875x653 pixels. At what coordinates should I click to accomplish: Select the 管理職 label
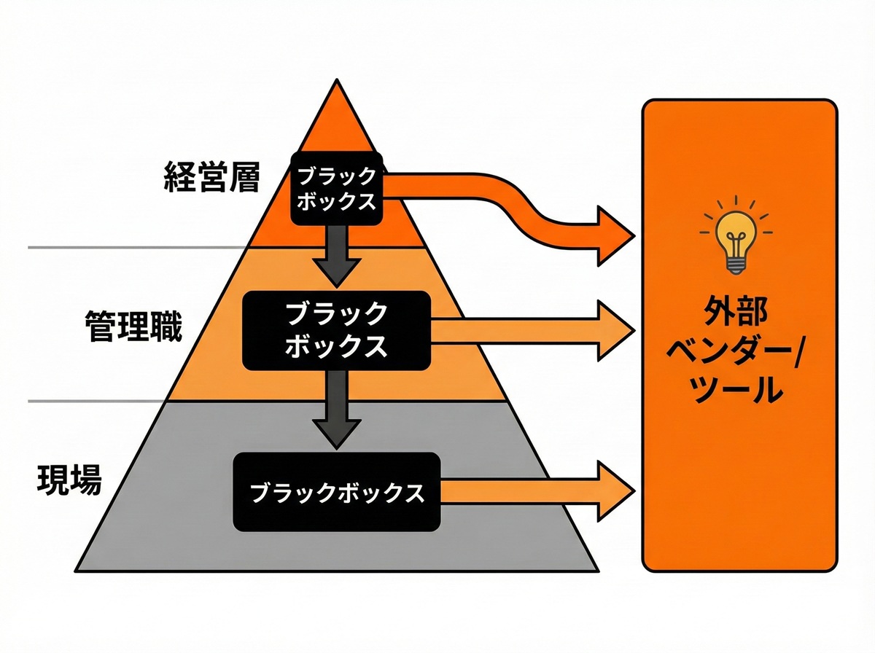tap(133, 328)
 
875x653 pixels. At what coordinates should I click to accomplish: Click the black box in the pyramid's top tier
tap(337, 189)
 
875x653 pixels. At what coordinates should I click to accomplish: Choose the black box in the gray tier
tap(337, 492)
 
